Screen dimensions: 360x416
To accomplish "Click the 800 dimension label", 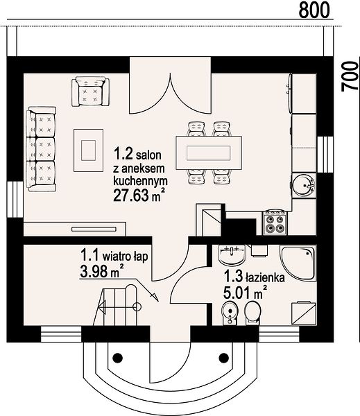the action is [314, 10].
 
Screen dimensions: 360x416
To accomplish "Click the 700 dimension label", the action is [350, 76].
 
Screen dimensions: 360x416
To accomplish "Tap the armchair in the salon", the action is [90, 92].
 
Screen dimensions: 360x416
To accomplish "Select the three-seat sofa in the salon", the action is [41, 149].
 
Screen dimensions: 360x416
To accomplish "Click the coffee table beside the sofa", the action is [88, 150].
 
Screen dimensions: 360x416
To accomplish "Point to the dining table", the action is [209, 153].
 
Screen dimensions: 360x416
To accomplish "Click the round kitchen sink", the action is [304, 185].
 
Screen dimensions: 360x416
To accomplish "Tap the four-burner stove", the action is [275, 223].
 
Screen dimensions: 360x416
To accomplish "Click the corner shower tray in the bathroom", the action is [298, 263].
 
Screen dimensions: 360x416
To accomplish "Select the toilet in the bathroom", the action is [252, 313].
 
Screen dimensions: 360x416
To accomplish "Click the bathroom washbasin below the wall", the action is [232, 255].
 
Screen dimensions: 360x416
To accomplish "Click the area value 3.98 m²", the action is [102, 271].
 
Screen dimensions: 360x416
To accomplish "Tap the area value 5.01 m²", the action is [246, 293].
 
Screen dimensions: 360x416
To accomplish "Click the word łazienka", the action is [266, 277].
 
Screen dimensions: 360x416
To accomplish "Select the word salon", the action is [148, 155].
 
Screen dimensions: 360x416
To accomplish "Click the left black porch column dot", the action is [118, 358].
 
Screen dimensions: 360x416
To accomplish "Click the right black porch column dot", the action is [224, 358].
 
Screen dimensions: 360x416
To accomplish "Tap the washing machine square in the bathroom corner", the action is [304, 313].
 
